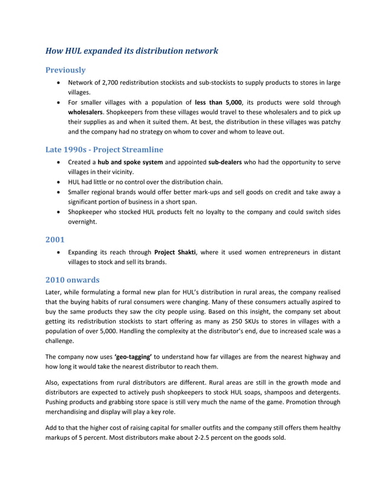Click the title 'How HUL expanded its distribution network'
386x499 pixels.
pyautogui.click(x=131, y=51)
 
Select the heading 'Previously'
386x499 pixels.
pyautogui.click(x=65, y=70)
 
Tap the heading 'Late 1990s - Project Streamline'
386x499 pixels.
pyautogui.click(x=104, y=149)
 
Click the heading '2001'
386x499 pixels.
pyautogui.click(x=56, y=239)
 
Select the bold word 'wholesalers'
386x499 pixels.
pyautogui.click(x=85, y=112)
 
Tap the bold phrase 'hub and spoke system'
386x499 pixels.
pyautogui.click(x=130, y=163)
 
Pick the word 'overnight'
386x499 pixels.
pyautogui.click(x=82, y=222)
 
